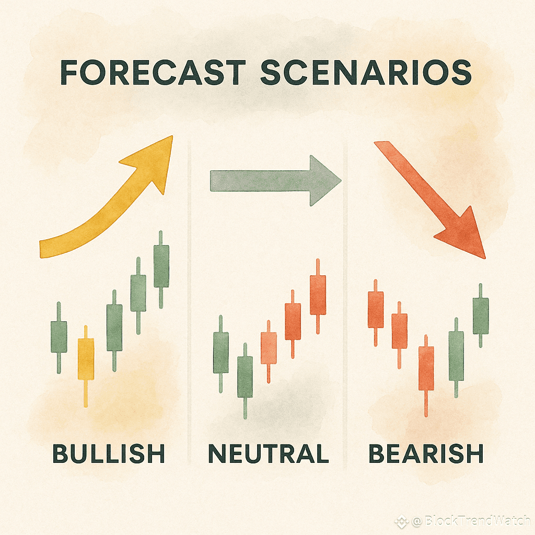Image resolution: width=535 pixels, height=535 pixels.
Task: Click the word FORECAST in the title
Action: point(153,72)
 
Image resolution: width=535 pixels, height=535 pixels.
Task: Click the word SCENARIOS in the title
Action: point(366,72)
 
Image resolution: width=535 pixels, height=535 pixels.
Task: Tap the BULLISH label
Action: point(109,453)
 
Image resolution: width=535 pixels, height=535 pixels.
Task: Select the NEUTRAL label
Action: point(269,453)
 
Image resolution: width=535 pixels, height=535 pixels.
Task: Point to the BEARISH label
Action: point(426,453)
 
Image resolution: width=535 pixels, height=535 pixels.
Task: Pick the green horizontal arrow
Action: point(275,181)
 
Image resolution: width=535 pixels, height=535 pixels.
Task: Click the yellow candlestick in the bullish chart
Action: point(86,366)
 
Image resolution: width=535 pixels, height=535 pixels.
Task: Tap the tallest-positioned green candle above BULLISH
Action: point(161,270)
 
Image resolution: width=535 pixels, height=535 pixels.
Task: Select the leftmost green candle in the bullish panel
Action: point(59,337)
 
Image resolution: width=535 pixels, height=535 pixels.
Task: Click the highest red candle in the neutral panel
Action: point(318,296)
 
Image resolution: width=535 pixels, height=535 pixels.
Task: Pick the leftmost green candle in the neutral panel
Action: point(221,354)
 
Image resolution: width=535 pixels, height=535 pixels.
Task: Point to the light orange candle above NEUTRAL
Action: point(269,352)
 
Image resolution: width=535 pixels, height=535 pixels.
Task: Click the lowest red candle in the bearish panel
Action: point(426,375)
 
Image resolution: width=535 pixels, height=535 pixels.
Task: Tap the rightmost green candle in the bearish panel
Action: point(481,316)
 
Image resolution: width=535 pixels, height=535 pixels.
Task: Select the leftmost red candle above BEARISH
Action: point(376,312)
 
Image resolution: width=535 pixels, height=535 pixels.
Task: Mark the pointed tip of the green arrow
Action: point(341,181)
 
